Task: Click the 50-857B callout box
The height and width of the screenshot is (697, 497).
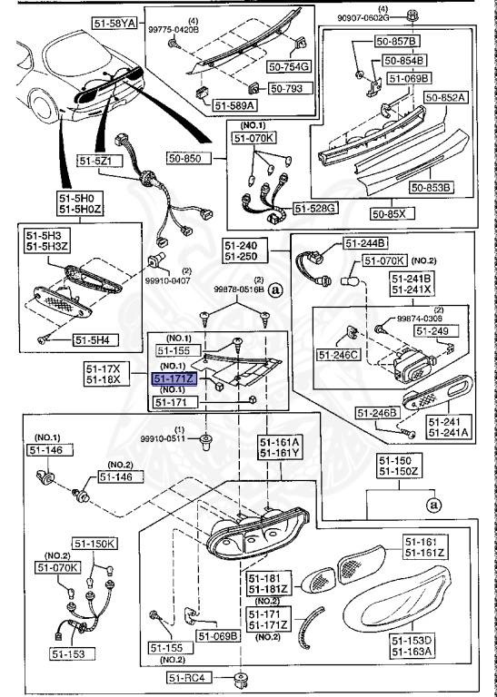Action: point(400,43)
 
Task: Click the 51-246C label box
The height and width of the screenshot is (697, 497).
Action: point(338,353)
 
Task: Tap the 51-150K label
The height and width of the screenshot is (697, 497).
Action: point(94,544)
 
